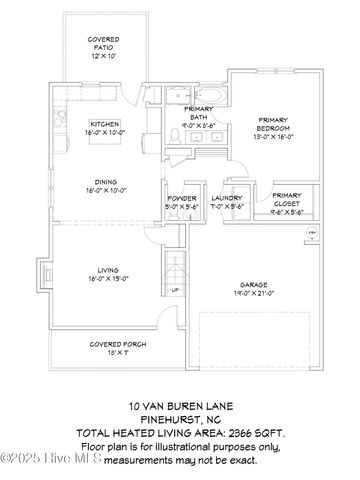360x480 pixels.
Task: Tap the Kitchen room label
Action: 104,124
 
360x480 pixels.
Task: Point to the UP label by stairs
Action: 176,290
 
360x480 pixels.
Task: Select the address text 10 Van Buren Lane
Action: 179,407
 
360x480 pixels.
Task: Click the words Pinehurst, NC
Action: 179,420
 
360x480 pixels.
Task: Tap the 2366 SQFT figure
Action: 254,434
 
